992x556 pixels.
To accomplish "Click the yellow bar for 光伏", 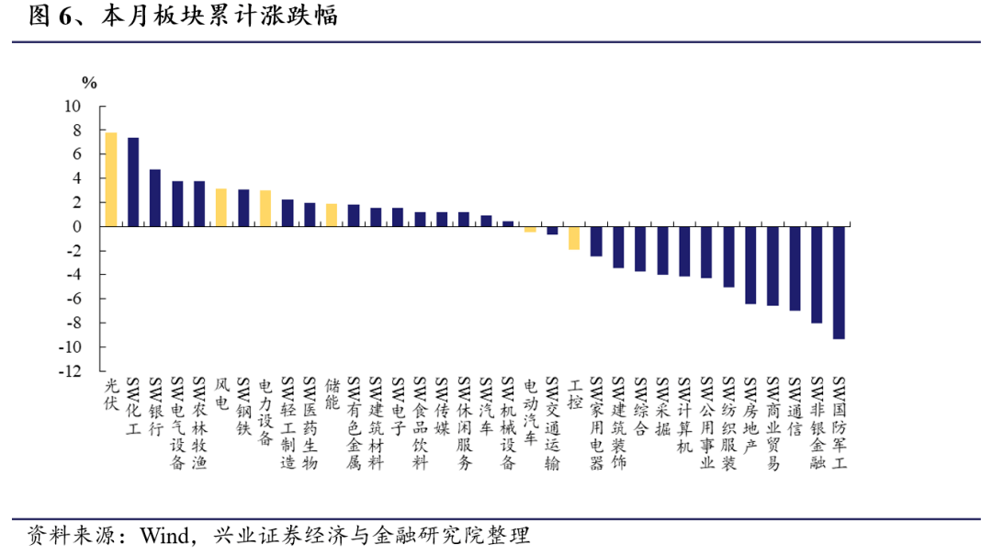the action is pos(111,179).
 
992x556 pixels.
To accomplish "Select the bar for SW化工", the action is pos(133,182).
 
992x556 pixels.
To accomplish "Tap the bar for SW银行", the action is pos(155,198).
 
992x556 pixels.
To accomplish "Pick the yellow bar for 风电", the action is pos(221,207).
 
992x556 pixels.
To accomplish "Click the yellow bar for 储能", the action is pos(332,215).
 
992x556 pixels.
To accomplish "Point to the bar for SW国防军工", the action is pos(839,282).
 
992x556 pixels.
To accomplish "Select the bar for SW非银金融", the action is pos(817,275).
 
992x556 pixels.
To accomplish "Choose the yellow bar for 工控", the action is pos(574,238).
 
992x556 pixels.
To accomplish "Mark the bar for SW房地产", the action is pos(750,266).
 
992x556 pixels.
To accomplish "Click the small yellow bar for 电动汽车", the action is pos(530,229).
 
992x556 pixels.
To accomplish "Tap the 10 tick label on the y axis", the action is pos(73,107).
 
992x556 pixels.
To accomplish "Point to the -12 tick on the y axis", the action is pos(70,371).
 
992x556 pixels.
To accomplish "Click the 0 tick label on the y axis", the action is pos(77,227).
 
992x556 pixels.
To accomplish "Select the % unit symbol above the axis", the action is pos(89,83).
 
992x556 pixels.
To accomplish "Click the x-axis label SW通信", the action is pos(795,406).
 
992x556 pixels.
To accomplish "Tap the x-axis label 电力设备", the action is pos(265,412).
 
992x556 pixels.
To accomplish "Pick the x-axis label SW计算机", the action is pos(685,414).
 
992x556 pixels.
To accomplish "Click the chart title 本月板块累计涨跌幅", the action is pos(220,16).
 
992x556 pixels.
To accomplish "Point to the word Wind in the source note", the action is pos(164,536).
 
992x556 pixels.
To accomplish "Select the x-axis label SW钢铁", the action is pos(243,406).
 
